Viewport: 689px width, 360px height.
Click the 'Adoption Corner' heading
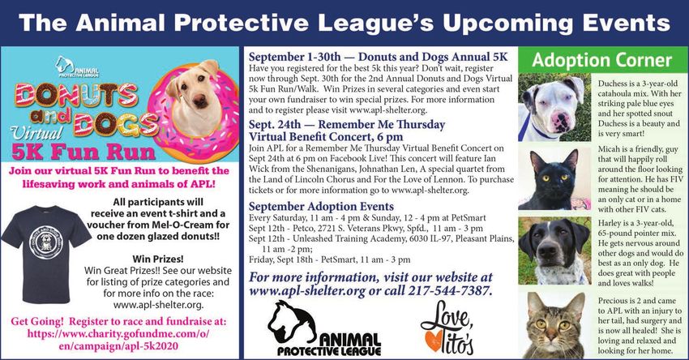click(602, 60)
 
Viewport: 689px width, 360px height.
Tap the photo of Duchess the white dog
click(554, 107)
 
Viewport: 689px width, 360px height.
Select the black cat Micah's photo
click(554, 178)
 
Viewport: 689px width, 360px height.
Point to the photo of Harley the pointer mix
click(554, 250)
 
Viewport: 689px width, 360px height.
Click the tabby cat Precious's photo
click(554, 325)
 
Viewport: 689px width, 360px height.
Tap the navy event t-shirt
click(45, 254)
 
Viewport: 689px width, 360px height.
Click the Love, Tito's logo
click(447, 328)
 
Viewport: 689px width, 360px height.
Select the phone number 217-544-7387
click(448, 291)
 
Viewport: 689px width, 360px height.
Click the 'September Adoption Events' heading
click(321, 206)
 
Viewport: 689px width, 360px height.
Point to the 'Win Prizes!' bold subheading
click(158, 259)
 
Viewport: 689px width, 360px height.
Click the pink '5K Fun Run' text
click(83, 152)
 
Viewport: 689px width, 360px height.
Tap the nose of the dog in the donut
click(201, 102)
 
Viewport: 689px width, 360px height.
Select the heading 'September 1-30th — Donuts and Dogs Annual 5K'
click(378, 57)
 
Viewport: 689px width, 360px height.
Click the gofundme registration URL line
click(118, 333)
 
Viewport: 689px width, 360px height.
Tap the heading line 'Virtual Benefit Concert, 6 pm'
click(326, 137)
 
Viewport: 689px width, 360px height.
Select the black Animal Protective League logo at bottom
click(324, 328)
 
